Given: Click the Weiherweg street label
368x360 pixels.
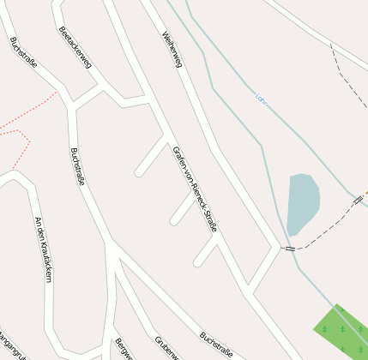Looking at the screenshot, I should (x=172, y=52).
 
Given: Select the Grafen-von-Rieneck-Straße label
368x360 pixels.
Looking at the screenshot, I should (x=195, y=189).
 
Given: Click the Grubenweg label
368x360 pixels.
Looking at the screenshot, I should (x=166, y=346).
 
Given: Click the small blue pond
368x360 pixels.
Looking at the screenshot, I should (x=302, y=203).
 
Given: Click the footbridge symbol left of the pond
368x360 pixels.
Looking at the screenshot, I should (x=290, y=249).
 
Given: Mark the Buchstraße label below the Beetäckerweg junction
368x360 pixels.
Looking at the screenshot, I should (x=77, y=167).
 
